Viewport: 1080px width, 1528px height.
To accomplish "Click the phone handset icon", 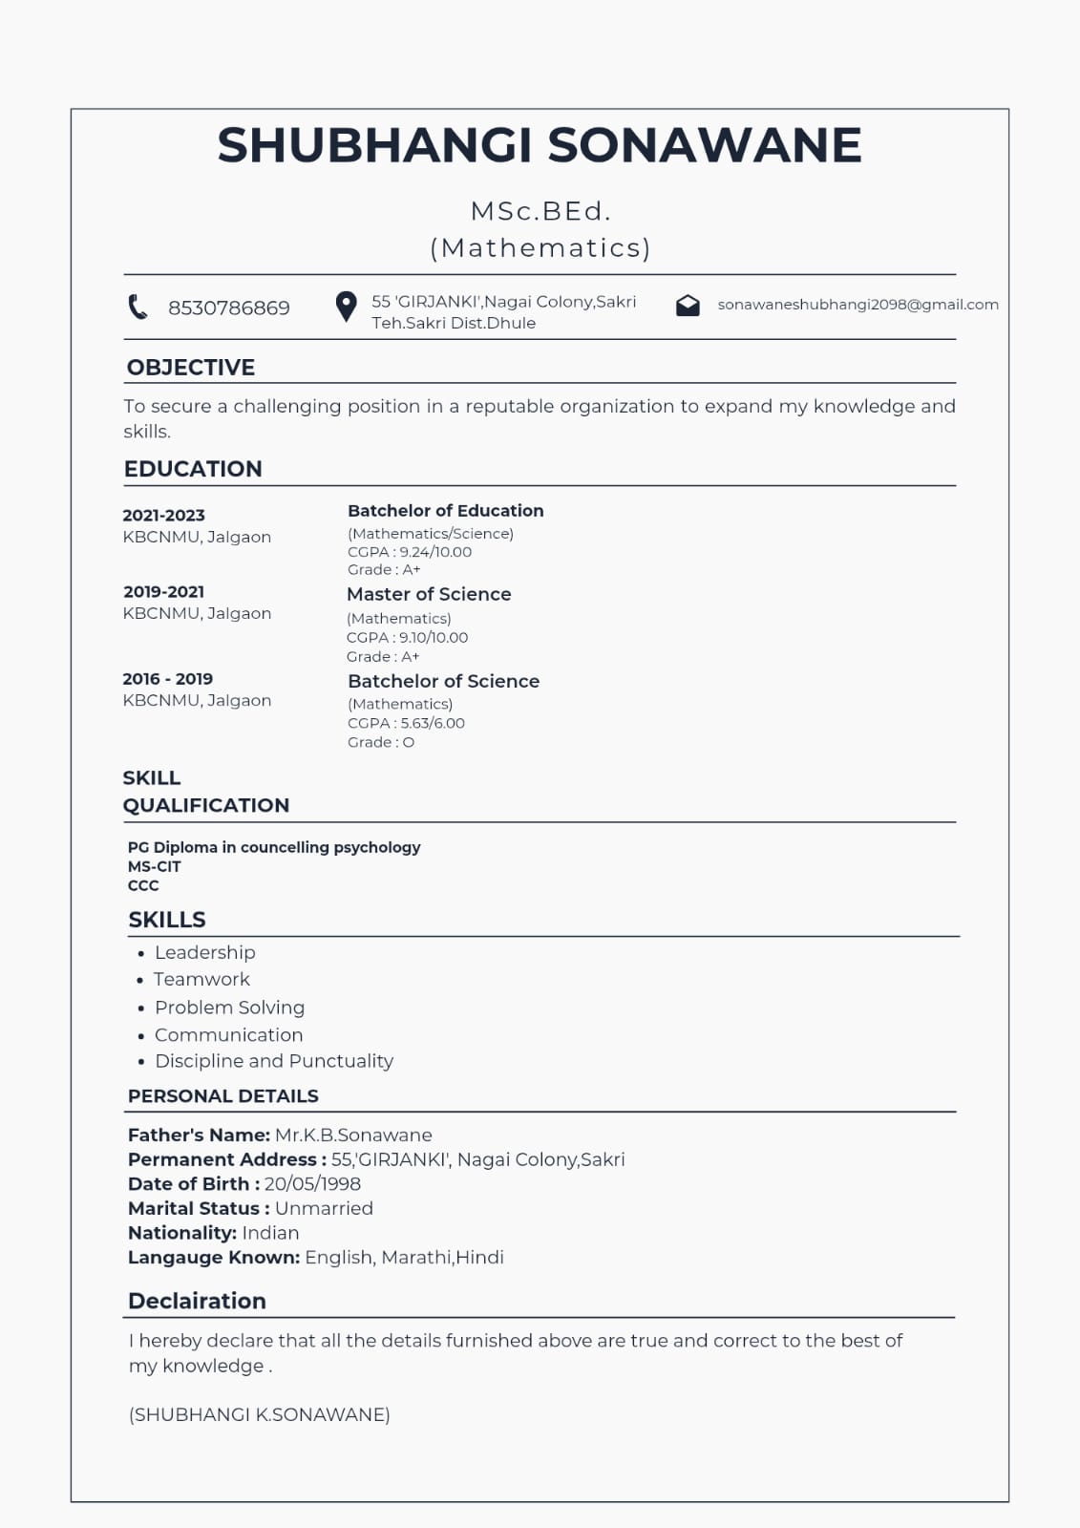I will (138, 307).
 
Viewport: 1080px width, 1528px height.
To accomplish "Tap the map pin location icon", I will (346, 307).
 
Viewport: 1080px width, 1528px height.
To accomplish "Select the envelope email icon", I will (688, 306).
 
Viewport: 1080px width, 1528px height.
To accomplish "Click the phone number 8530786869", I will (229, 308).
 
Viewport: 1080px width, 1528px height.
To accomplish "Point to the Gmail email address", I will (858, 305).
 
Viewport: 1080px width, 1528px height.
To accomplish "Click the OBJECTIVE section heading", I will (191, 368).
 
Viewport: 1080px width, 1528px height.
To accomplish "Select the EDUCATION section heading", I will (193, 469).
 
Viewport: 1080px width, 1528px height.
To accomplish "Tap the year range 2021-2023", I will (163, 516).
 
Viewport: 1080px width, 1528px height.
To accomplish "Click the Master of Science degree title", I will (429, 594).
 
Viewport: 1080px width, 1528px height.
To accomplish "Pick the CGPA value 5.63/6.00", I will (433, 723).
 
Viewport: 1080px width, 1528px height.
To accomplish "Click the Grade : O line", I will (381, 742).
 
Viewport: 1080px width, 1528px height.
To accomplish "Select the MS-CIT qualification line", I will (155, 866).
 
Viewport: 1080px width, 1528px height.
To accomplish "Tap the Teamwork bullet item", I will (201, 979).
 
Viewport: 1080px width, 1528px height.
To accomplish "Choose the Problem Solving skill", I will (229, 1008).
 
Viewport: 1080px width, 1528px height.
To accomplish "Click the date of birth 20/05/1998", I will (312, 1184).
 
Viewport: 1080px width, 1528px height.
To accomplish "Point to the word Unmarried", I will (324, 1208).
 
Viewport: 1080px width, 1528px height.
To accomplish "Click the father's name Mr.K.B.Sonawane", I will (353, 1135).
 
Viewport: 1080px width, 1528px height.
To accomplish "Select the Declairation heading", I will (197, 1301).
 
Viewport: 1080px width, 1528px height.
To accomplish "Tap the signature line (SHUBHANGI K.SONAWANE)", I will (259, 1414).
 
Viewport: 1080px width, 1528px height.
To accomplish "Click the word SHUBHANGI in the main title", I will (374, 145).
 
